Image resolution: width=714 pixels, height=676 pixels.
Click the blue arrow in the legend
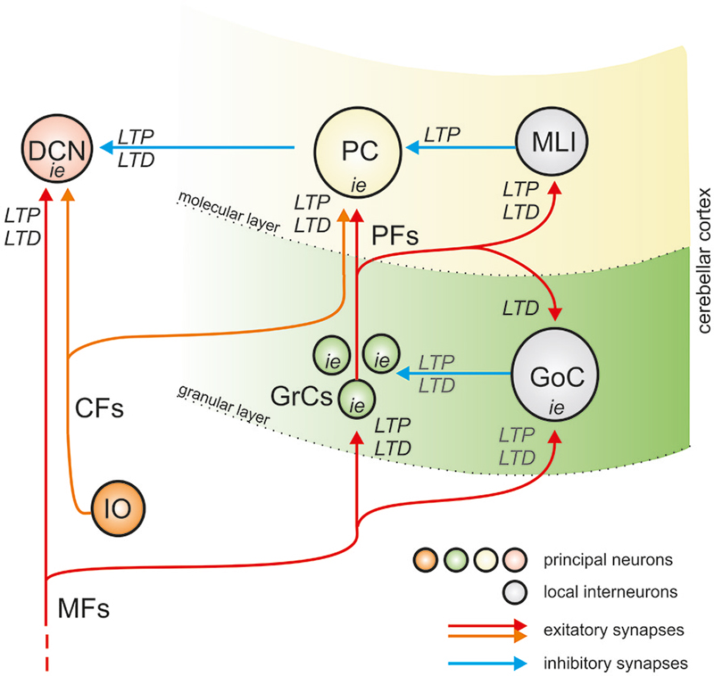pyautogui.click(x=486, y=663)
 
